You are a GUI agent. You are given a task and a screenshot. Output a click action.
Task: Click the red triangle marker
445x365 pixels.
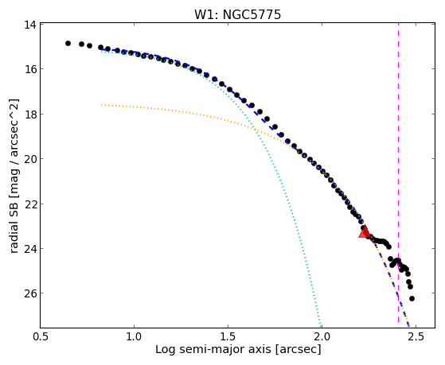365,231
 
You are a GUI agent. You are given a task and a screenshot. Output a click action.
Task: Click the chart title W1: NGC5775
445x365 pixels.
237,14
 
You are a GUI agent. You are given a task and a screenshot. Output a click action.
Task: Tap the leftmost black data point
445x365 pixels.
68,43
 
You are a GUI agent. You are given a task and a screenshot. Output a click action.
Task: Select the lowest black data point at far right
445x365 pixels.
412,298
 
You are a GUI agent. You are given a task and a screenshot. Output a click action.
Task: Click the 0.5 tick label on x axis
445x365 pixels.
41,336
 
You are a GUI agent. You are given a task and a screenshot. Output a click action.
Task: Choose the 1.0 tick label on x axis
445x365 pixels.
134,336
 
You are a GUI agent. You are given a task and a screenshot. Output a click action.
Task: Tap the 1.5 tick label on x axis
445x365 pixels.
228,336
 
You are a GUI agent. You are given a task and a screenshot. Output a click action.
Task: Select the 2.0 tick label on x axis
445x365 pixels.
322,336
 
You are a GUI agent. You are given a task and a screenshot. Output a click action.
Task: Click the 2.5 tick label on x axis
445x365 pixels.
416,336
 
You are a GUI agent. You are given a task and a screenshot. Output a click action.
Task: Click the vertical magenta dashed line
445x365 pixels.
398,173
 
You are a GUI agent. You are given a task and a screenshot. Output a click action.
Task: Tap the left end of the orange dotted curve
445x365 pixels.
102,105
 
